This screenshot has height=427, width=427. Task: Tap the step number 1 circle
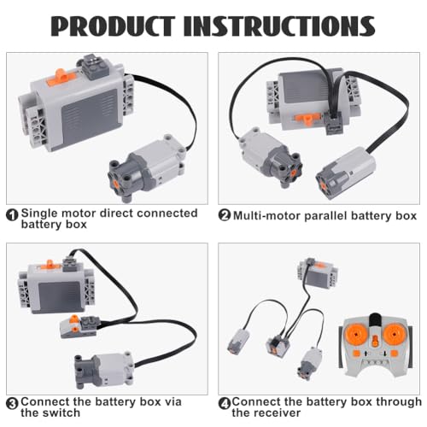coord(12,215)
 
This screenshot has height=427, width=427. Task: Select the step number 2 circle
coord(225,215)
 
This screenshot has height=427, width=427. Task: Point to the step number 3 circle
coord(12,404)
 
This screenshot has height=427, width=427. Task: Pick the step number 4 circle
coord(225,404)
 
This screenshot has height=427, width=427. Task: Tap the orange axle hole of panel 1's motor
coord(116,183)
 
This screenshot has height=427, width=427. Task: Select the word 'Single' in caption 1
coord(39,213)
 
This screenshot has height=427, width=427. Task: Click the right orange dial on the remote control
coord(394,334)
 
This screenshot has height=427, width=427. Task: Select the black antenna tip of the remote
coord(375,319)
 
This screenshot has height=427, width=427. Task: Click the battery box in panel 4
coord(318,273)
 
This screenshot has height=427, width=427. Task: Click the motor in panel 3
coord(104,370)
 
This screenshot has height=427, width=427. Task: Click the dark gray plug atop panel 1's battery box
coord(95,67)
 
